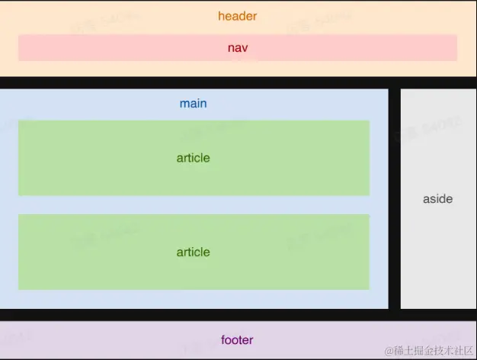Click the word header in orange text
pyautogui.click(x=238, y=16)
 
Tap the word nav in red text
pyautogui.click(x=238, y=48)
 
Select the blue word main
pyautogui.click(x=193, y=103)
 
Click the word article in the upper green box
pyautogui.click(x=193, y=158)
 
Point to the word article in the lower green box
pyautogui.click(x=193, y=252)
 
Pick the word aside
pyautogui.click(x=437, y=199)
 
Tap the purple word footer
pyautogui.click(x=237, y=339)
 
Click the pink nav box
pyautogui.click(x=114, y=48)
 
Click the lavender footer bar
pyautogui.click(x=114, y=339)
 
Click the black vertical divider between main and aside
pyautogui.click(x=394, y=198)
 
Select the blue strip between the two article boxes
pyautogui.click(x=193, y=204)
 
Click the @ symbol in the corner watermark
pyautogui.click(x=389, y=351)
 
